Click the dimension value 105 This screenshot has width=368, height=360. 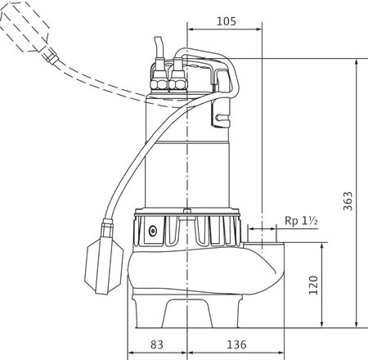pos(227,21)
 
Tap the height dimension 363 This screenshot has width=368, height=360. pos(348,201)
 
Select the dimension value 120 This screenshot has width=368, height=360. pos(313,285)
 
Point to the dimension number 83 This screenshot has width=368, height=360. pos(157,344)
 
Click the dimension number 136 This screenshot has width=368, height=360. pos(236,344)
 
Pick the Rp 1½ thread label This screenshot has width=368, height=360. pos(301,221)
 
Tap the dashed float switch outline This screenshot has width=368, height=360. pos(25,26)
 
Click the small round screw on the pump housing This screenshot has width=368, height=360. pos(153,231)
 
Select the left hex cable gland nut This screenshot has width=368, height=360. pos(159,84)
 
